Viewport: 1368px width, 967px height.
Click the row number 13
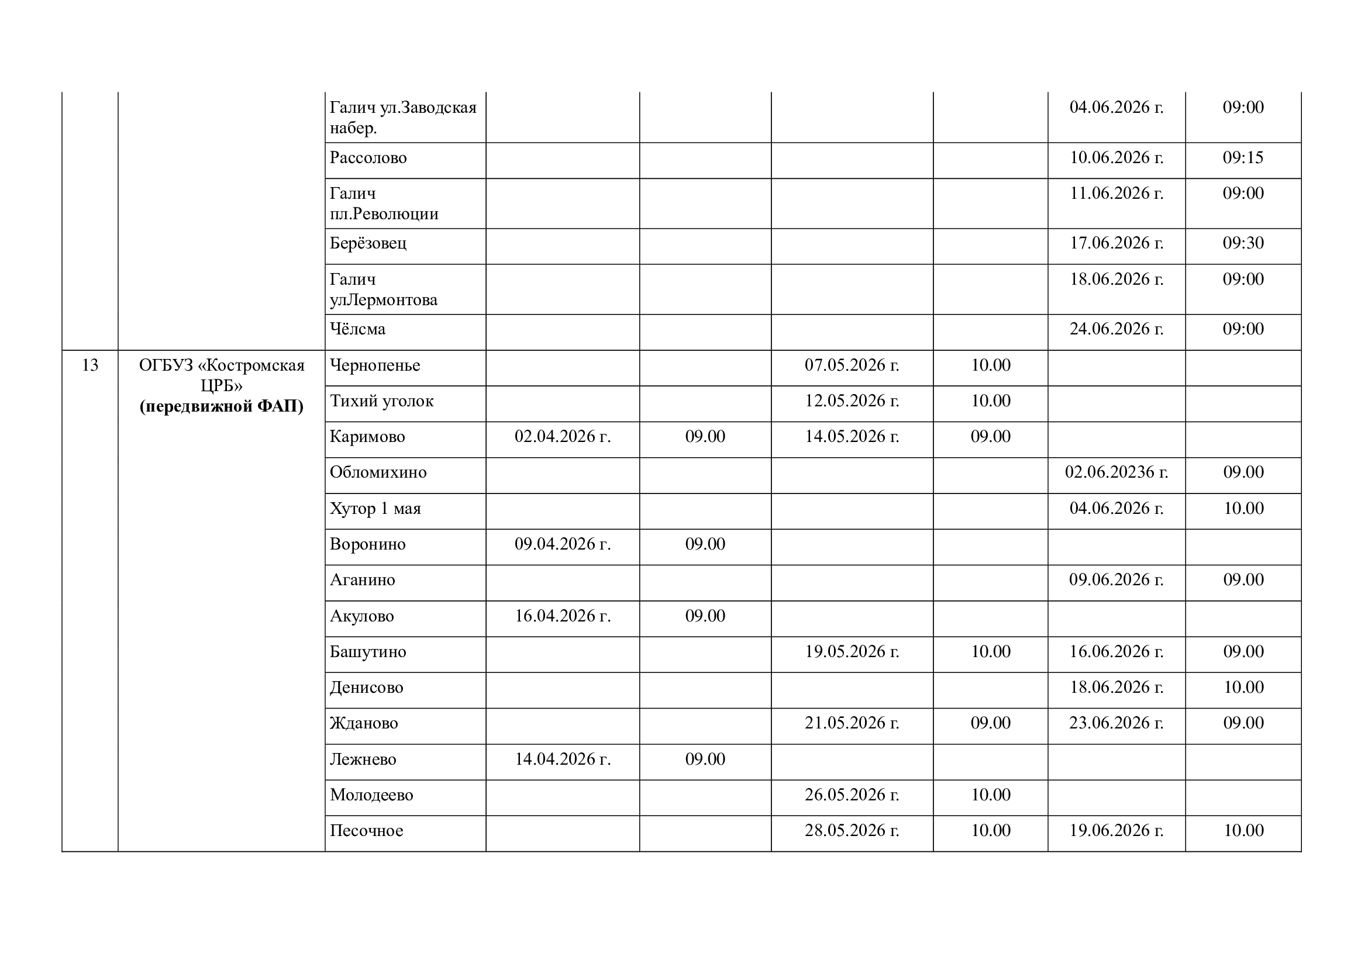90,365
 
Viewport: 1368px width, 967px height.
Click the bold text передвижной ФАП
222,407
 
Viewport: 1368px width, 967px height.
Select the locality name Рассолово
368,158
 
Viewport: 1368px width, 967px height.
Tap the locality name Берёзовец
368,244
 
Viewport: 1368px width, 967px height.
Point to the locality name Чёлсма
357,329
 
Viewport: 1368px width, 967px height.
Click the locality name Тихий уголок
381,400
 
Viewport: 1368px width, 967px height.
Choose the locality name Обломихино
378,472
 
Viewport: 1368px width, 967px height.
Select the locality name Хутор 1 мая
375,509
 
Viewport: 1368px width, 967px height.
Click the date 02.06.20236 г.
1116,472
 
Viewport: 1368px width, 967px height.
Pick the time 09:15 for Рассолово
1243,158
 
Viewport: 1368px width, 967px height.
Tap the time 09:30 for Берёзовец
1243,243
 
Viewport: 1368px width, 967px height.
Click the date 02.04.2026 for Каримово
563,437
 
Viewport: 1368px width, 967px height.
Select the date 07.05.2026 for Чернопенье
852,365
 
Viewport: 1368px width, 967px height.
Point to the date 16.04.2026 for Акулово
563,616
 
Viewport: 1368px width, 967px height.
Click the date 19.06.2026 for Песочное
1116,831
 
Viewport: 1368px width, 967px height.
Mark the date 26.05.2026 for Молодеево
852,795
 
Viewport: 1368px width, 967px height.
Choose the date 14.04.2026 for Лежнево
563,759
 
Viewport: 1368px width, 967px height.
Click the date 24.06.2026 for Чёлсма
1116,329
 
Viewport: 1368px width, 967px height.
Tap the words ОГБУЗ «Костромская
222,365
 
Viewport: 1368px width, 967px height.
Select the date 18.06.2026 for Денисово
1116,687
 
